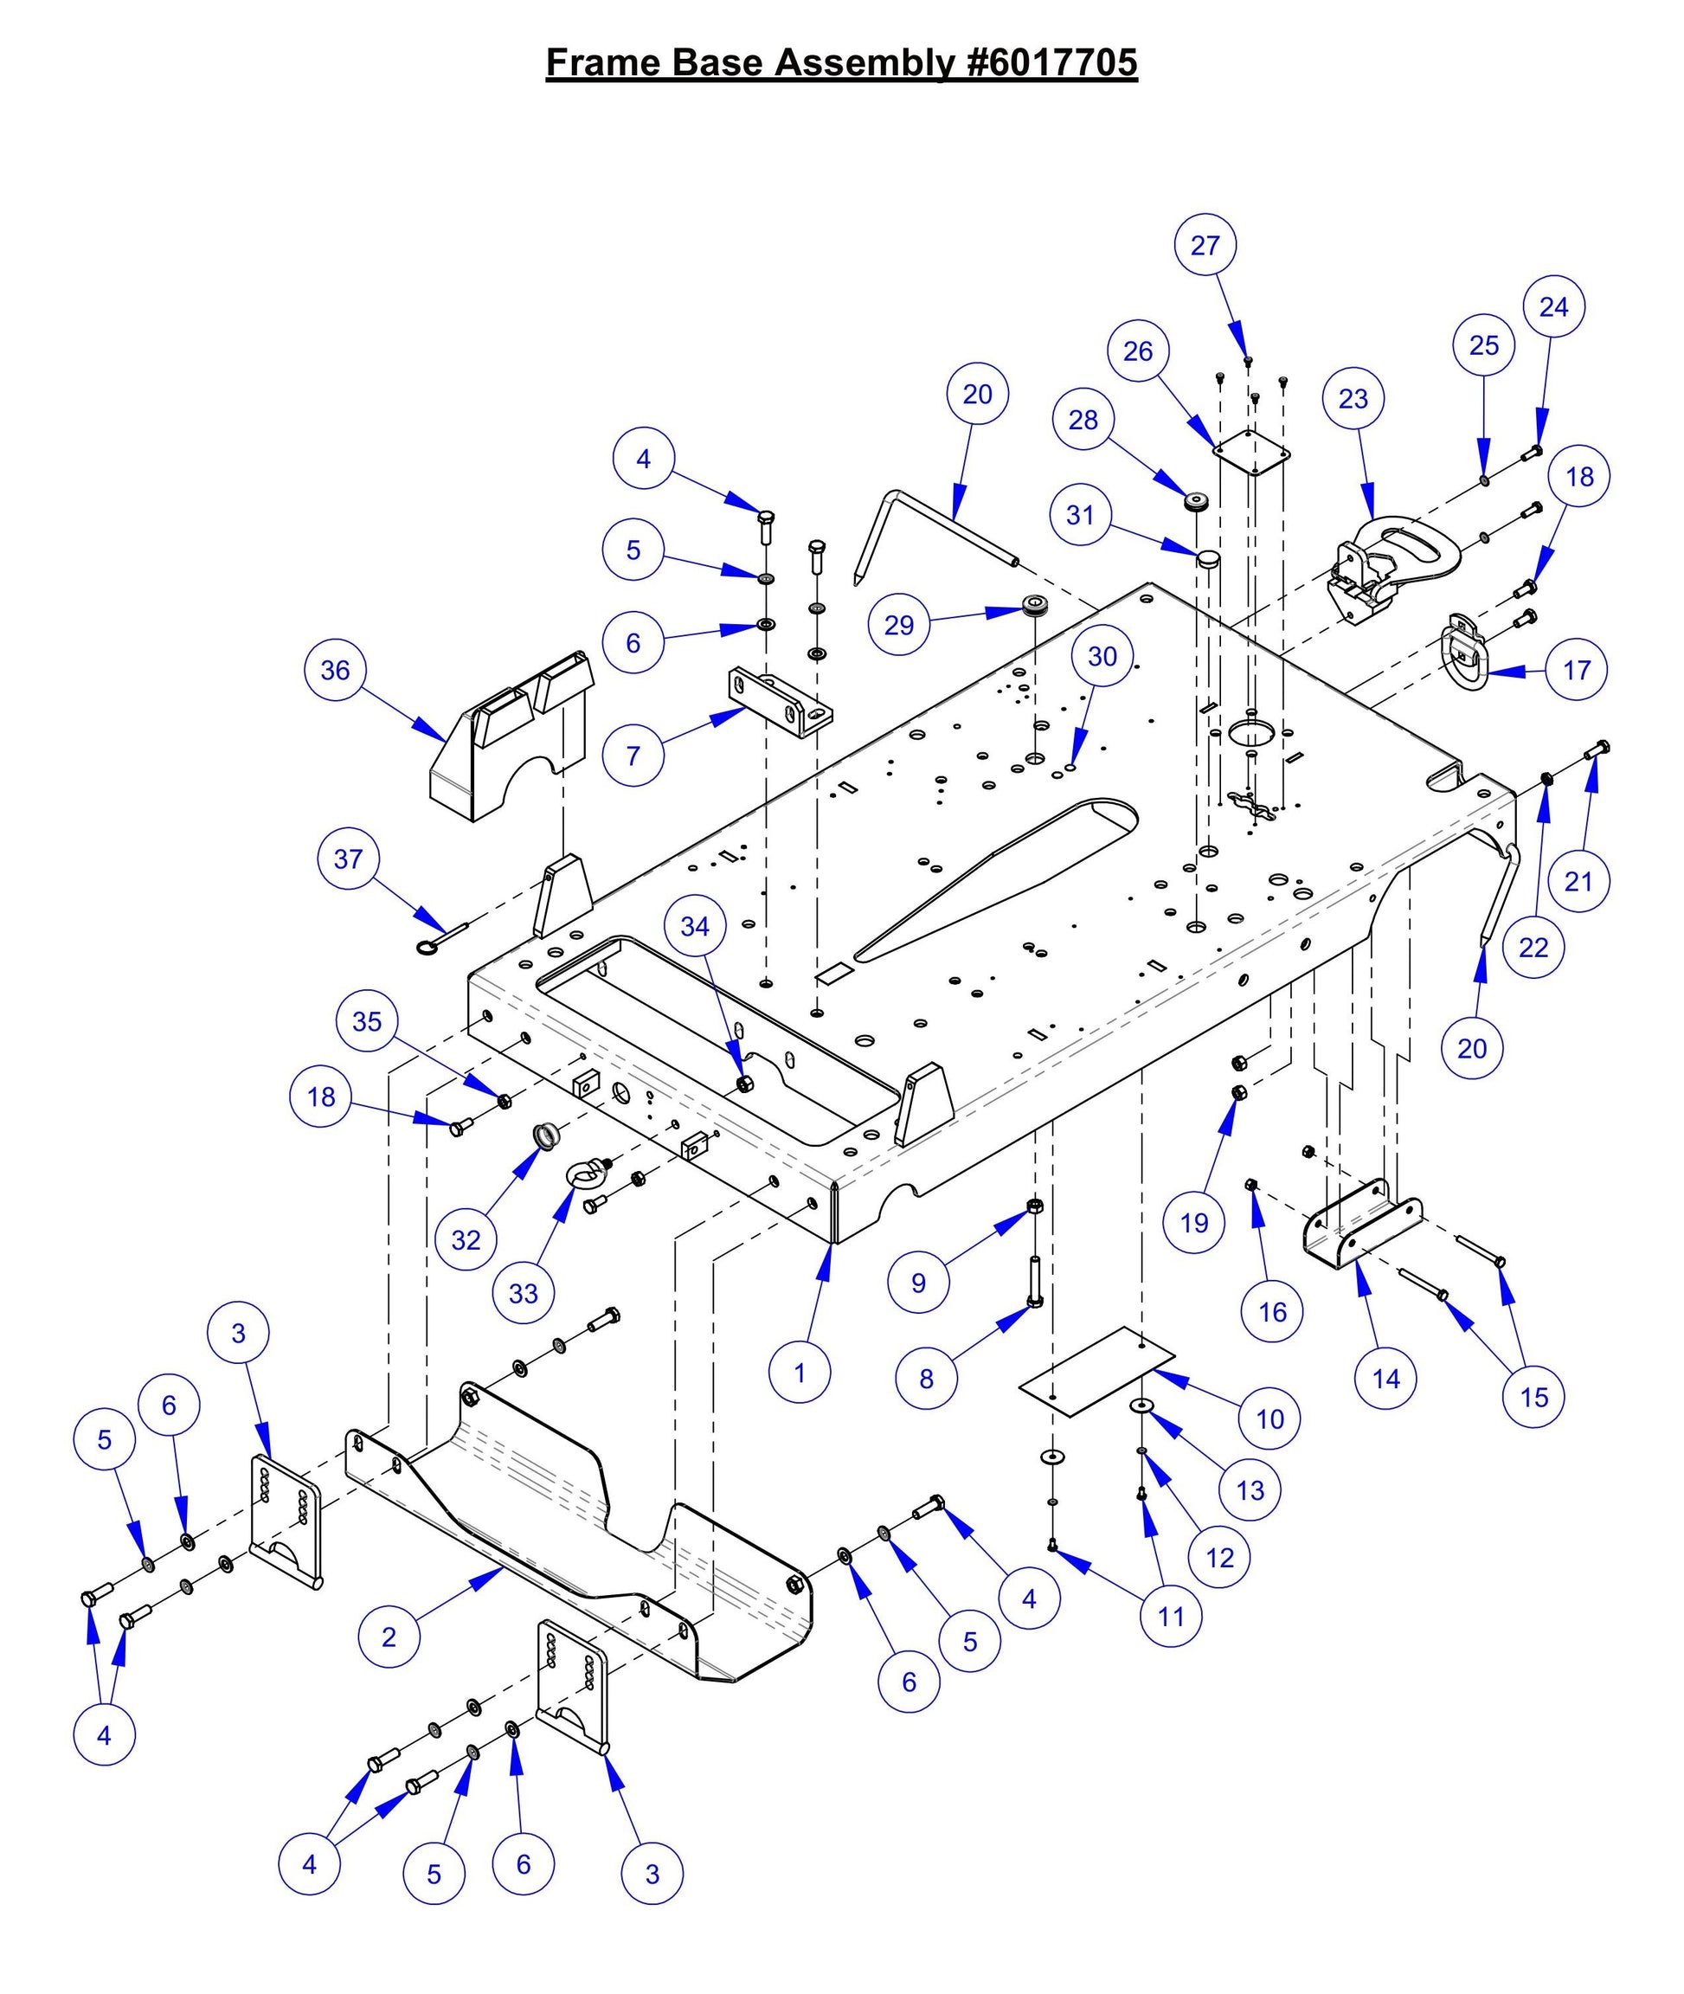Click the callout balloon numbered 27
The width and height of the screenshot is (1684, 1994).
(x=1205, y=245)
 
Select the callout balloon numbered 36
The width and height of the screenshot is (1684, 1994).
(x=335, y=670)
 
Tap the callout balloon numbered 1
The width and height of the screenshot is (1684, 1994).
(x=799, y=1373)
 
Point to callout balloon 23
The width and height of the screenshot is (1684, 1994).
(x=1353, y=399)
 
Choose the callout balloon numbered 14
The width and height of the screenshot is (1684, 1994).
(x=1385, y=1379)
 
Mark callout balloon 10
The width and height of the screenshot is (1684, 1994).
(x=1269, y=1419)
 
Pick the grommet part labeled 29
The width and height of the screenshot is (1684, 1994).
(x=1035, y=605)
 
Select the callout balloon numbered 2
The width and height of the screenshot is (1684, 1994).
(x=389, y=1637)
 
